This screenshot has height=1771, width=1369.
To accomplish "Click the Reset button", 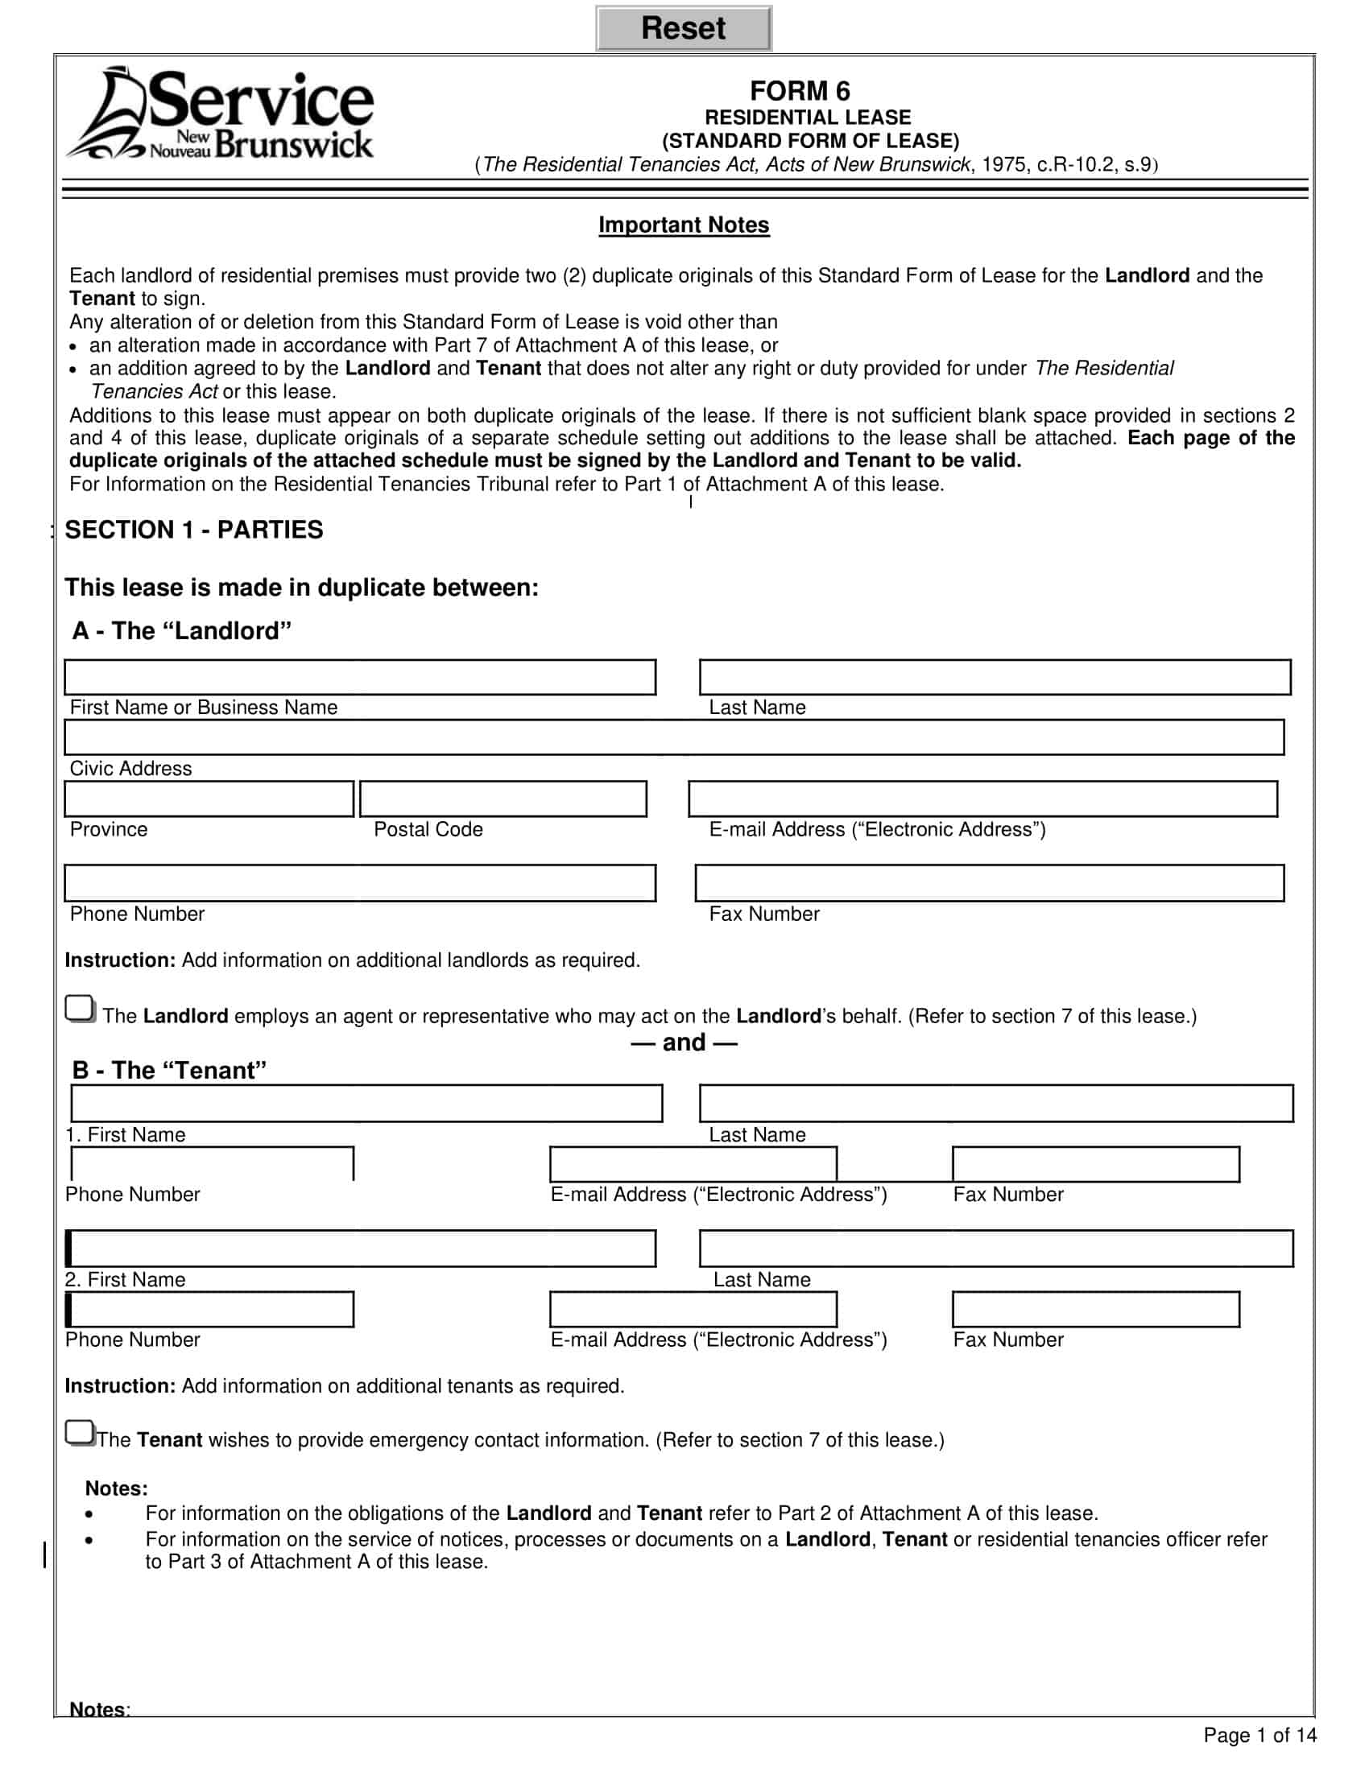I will coord(683,28).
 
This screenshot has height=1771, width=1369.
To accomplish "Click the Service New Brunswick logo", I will coord(221,114).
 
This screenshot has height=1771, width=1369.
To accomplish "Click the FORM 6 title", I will coord(799,90).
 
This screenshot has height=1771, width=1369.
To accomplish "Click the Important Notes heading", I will coord(683,225).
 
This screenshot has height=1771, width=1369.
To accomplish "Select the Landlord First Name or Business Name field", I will coord(360,677).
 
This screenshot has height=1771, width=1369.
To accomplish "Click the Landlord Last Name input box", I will coord(995,677).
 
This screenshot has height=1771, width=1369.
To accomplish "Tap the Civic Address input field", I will coord(674,737).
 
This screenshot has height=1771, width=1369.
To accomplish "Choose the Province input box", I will coord(209,799).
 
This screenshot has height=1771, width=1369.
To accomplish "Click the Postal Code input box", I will coord(503,799).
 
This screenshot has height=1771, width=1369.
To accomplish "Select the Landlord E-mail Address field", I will coord(982,799).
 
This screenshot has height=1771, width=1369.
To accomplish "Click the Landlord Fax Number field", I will coord(989,883).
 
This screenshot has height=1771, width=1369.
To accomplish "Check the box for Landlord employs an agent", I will coord(80,1009).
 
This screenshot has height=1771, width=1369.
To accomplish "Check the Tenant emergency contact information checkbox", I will coord(80,1433).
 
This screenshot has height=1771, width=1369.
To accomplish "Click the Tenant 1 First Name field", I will coord(366,1104).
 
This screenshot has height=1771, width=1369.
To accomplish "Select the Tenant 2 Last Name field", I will coord(995,1248).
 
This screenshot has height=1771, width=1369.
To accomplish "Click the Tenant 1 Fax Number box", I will coord(1095,1165).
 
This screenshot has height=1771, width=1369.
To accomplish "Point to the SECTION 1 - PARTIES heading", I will coord(194,530).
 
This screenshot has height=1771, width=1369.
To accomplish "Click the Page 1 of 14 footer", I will coord(1259,1735).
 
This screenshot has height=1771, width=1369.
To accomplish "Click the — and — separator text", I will coord(684,1042).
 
